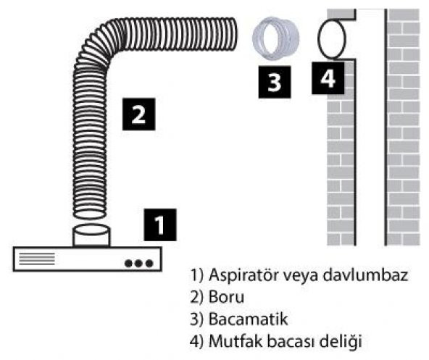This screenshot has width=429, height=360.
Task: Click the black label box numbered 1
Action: pyautogui.click(x=160, y=225)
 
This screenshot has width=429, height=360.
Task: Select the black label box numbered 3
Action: pyautogui.click(x=274, y=80)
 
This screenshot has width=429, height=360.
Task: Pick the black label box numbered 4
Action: pyautogui.click(x=328, y=78)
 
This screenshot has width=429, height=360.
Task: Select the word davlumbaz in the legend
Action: pyautogui.click(x=356, y=275)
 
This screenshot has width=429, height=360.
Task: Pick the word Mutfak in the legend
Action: pyautogui.click(x=230, y=339)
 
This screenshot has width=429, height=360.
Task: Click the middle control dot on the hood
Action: pyautogui.click(x=139, y=263)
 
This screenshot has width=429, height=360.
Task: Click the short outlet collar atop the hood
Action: pyautogui.click(x=92, y=236)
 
